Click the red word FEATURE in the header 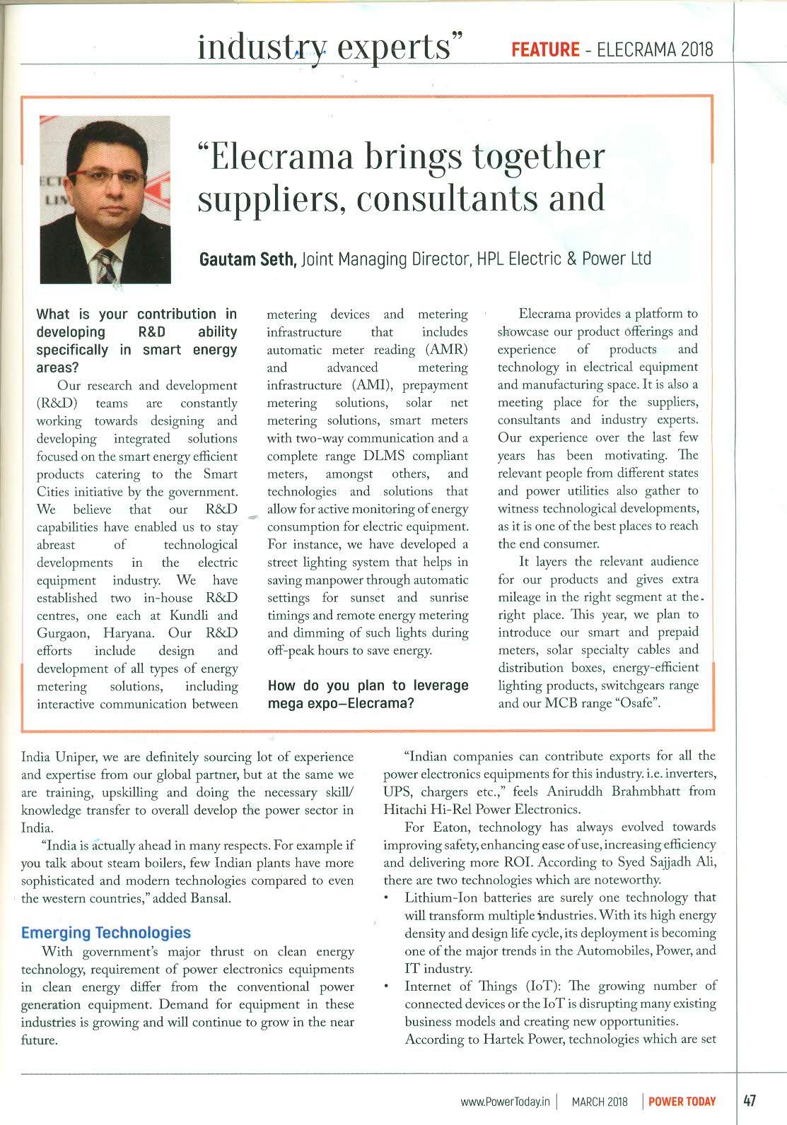[544, 49]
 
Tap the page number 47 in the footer [750, 1101]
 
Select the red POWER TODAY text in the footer [682, 1102]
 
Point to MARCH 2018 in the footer [600, 1102]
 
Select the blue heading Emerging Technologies [106, 933]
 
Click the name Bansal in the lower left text [211, 898]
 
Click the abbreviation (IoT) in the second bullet [541, 986]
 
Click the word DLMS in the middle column [384, 456]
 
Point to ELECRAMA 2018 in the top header [655, 49]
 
